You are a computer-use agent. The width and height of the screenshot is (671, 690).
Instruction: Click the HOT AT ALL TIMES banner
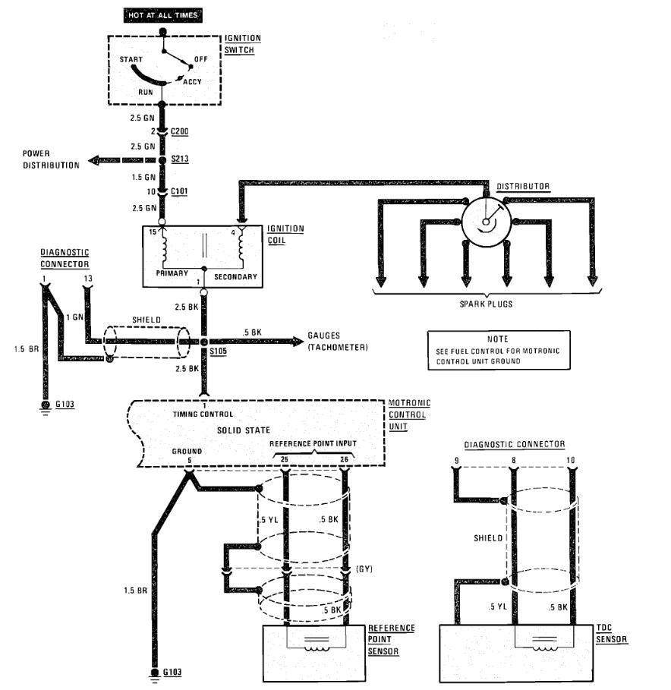click(162, 15)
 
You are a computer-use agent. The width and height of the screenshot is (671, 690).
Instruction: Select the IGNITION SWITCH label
click(242, 44)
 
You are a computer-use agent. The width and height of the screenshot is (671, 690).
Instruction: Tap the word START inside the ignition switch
click(131, 59)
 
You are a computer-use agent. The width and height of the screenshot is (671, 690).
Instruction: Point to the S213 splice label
click(180, 159)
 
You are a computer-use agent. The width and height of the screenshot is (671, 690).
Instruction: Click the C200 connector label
click(180, 131)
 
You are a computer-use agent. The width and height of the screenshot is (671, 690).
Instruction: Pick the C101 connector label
click(179, 191)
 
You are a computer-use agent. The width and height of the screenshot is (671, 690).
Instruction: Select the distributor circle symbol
click(487, 222)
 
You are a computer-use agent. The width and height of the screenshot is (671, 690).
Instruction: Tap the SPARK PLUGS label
click(486, 304)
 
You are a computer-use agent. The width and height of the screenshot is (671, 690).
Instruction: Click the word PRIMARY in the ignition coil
click(172, 273)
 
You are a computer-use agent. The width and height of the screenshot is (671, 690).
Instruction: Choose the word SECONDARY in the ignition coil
click(235, 277)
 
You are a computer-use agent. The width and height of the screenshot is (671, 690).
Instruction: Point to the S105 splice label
click(219, 351)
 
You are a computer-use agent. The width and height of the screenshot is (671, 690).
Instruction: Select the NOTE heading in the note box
click(498, 339)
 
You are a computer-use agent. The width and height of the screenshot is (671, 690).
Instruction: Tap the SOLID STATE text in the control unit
click(244, 430)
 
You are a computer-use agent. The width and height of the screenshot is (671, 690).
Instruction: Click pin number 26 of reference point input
click(344, 459)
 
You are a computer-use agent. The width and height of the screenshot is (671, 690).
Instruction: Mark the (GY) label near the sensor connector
click(364, 569)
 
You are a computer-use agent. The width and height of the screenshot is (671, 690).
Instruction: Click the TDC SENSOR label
click(611, 634)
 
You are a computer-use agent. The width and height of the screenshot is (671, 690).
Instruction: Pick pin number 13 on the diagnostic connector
click(88, 279)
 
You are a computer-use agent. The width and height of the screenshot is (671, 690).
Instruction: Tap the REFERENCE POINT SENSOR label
click(391, 640)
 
